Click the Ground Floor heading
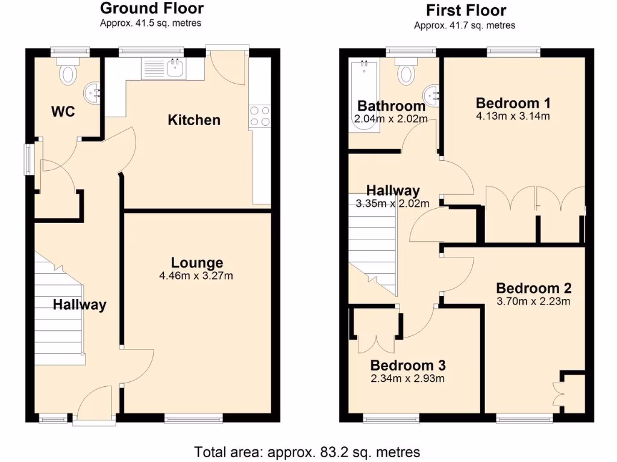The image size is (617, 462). (151, 8)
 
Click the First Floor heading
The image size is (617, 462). (466, 10)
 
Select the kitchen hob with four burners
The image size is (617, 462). (260, 115)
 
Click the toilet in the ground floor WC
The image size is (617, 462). (69, 73)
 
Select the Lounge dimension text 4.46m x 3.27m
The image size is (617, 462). (196, 276)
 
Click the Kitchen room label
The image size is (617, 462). (193, 120)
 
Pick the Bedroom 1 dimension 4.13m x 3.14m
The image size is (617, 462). (512, 116)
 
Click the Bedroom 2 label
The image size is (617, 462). (533, 288)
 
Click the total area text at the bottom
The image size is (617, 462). (307, 451)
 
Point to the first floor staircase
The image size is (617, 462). (372, 244)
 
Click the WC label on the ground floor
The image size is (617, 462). (63, 111)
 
